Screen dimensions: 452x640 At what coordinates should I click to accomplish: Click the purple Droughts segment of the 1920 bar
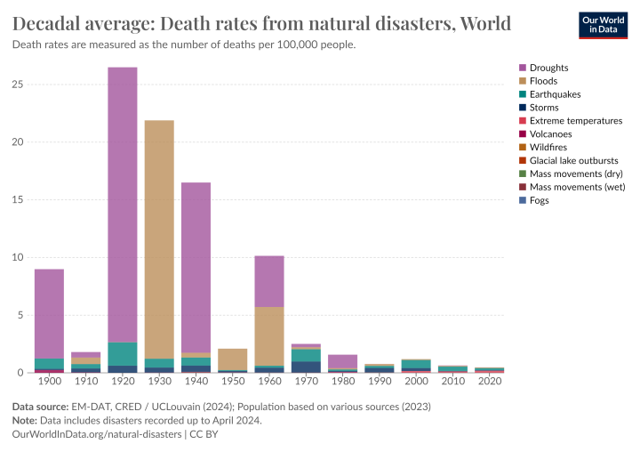(123, 205)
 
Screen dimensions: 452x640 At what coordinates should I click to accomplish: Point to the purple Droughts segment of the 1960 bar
(269, 281)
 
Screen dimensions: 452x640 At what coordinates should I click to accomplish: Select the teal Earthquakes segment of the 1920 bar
(123, 354)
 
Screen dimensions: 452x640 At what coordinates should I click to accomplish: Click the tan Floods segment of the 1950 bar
(233, 359)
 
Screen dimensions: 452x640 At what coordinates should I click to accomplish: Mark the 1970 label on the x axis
(306, 382)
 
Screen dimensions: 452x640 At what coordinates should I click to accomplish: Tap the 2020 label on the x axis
(489, 382)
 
